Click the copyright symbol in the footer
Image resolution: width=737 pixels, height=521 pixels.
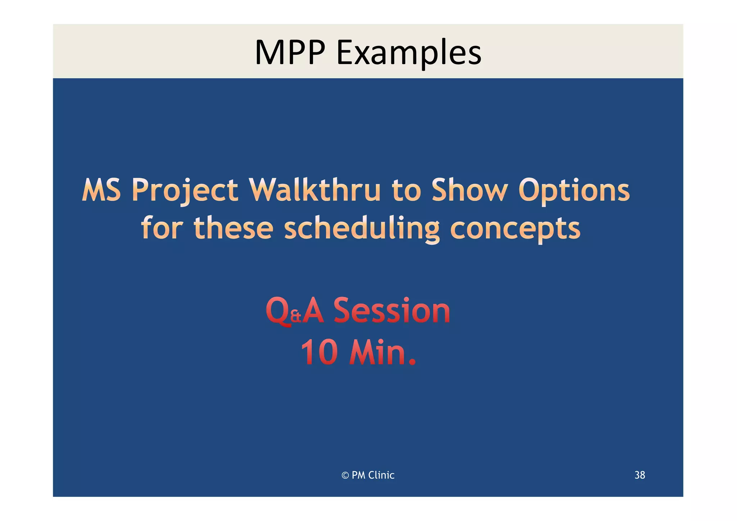[345, 475]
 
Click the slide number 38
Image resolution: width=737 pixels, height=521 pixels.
[639, 475]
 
